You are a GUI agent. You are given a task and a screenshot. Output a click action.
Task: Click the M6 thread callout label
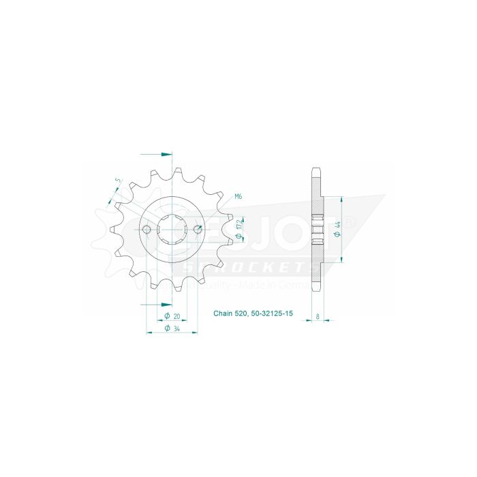point(238,197)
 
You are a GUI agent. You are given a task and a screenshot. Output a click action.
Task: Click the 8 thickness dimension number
point(318,316)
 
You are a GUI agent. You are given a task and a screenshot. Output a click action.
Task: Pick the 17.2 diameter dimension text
point(238,230)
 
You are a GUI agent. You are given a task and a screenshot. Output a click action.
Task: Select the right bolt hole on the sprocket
point(198,229)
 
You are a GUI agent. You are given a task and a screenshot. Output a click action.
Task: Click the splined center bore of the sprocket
point(172,229)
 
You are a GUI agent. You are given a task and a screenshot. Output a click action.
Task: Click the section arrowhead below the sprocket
point(164,304)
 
